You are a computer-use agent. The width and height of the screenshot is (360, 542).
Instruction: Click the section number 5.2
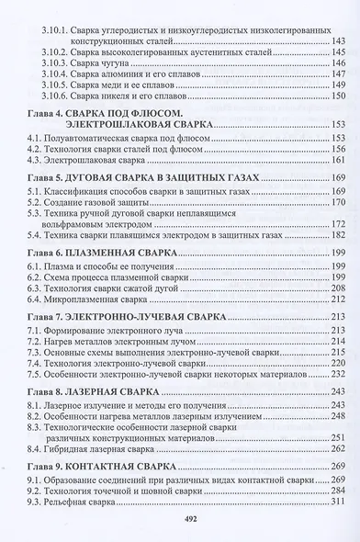point(34,201)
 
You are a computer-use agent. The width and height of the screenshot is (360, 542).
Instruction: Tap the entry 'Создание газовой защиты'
point(104,201)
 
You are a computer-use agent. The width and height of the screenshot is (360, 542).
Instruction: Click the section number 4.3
point(34,159)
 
